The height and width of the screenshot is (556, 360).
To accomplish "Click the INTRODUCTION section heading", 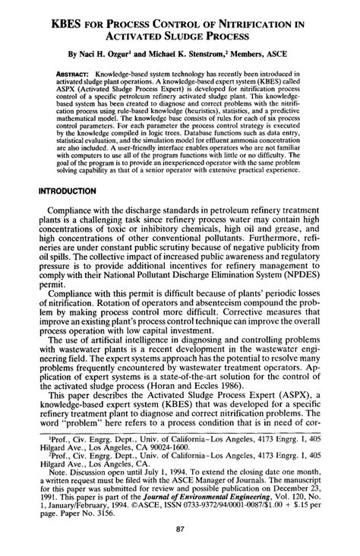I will coord(74,192).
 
